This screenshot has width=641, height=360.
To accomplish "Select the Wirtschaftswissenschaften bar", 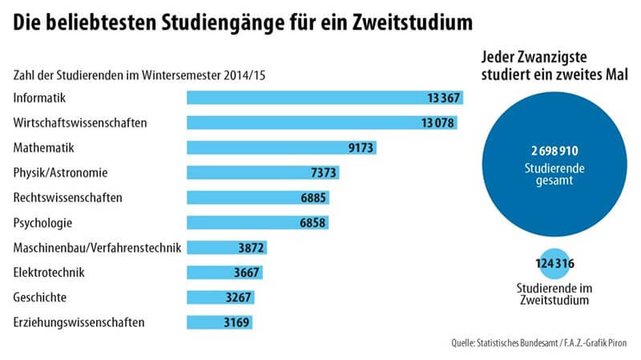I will point(320,123).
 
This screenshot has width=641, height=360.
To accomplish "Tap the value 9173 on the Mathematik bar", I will point(357,148).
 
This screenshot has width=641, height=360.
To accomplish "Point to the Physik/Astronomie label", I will point(61,172).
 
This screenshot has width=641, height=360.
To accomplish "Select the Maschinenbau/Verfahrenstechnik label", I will point(98,248).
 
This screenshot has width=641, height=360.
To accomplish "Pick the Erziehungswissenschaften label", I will point(79,322).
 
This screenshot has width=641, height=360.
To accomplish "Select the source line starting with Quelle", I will point(537,345).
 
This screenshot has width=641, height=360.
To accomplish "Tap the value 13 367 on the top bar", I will point(443,98).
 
